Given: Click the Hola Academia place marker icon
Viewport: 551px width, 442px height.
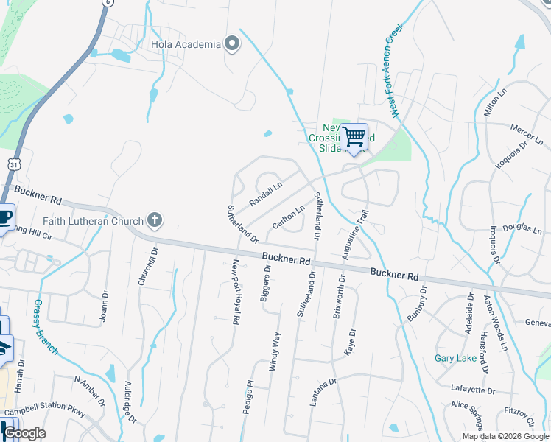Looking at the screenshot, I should point(232,44).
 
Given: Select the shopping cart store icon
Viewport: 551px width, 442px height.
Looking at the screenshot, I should point(354,137).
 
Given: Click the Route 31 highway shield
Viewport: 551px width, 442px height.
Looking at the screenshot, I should point(14,164).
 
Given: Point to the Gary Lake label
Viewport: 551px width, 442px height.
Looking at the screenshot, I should point(455,359).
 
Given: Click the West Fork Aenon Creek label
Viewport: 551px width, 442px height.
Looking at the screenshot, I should point(396,70).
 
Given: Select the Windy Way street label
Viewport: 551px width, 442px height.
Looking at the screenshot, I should point(278,351).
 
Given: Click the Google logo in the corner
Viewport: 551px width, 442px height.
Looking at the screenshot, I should point(24,433).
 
